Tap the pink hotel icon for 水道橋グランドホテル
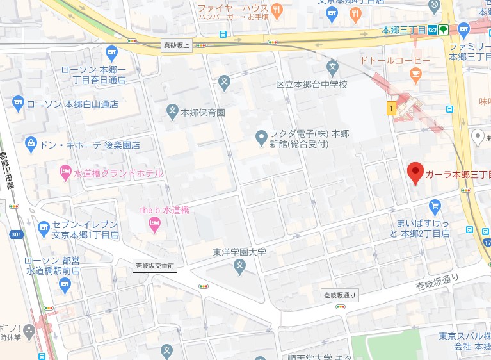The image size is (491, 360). point(65,172)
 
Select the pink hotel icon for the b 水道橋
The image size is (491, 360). point(154,223)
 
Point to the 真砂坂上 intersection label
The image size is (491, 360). point(176,45)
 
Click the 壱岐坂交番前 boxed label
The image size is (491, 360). point(154,265)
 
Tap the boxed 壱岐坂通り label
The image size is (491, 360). point(339,295)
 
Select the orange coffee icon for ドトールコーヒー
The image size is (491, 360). point(416,74)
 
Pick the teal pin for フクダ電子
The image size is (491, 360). point(261,136)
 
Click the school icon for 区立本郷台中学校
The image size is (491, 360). point(332,66)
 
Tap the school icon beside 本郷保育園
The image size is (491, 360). point(172,111)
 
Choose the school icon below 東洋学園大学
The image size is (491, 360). point(239,265)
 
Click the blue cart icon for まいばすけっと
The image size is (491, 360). point(435,206)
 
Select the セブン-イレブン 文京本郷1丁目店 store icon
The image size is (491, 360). point(44,227)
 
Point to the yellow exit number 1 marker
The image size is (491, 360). point(390,109)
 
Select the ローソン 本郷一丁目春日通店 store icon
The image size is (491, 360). point(111,51)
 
